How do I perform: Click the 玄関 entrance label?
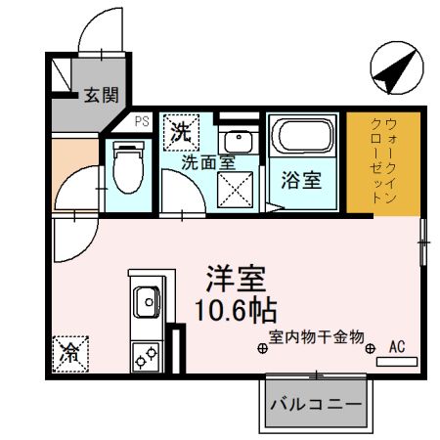click(x=101, y=95)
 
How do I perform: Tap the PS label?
click(x=142, y=122)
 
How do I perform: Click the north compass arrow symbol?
click(x=395, y=69)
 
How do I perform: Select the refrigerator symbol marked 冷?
click(x=70, y=352)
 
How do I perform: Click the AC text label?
click(x=397, y=346)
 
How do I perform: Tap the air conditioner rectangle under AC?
click(x=397, y=362)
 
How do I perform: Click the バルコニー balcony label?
click(x=316, y=404)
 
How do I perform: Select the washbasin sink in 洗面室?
click(x=235, y=141)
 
